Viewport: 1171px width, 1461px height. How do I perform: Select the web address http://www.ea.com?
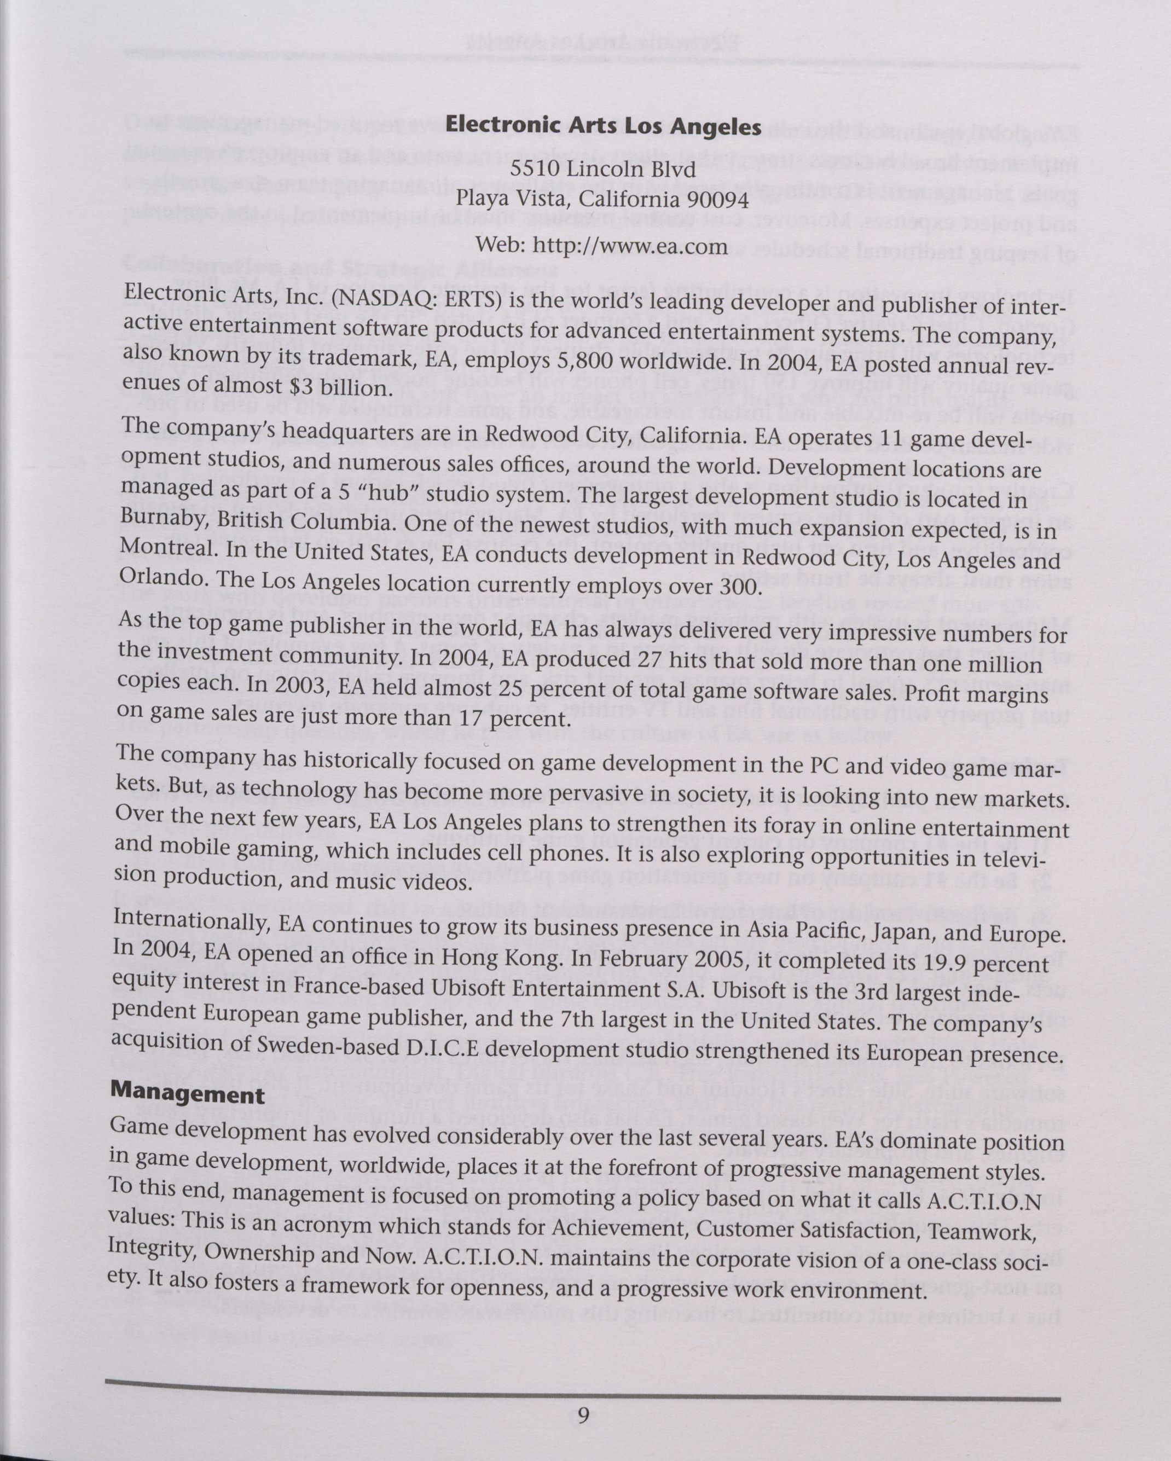click(630, 245)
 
